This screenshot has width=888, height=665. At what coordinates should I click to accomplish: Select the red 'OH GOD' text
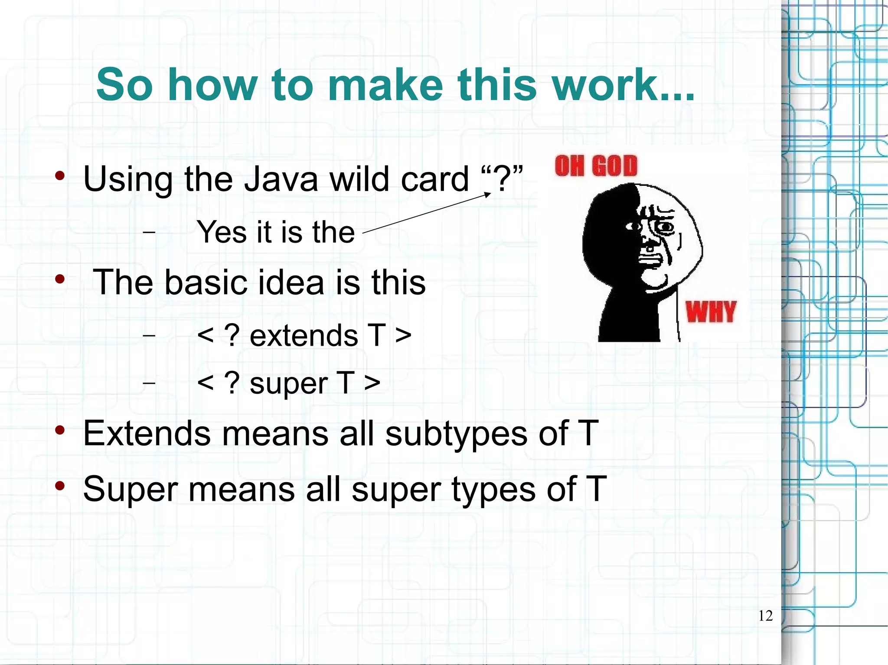point(596,166)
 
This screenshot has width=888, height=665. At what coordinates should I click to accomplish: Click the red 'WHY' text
point(711,312)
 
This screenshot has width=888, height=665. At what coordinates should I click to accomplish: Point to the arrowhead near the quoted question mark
point(488,195)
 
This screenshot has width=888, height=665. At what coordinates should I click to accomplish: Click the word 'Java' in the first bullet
point(281,179)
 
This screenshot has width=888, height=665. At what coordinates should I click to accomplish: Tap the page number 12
point(765,616)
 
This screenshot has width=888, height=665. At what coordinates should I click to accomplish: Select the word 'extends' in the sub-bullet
point(304,336)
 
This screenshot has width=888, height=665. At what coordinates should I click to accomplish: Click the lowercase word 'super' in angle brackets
point(289,384)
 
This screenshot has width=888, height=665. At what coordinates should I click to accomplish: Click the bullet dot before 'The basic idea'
point(60,279)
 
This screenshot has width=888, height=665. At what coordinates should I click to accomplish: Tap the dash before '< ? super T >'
point(149,383)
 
